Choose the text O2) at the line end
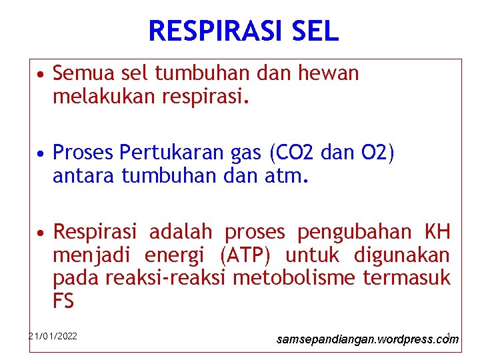(x=379, y=154)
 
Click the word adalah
(x=180, y=232)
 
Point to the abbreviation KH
(x=437, y=232)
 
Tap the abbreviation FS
(x=63, y=301)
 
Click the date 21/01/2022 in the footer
(x=53, y=336)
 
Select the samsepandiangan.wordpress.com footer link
(x=367, y=339)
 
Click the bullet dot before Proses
(x=41, y=155)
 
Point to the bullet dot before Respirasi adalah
(x=41, y=233)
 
